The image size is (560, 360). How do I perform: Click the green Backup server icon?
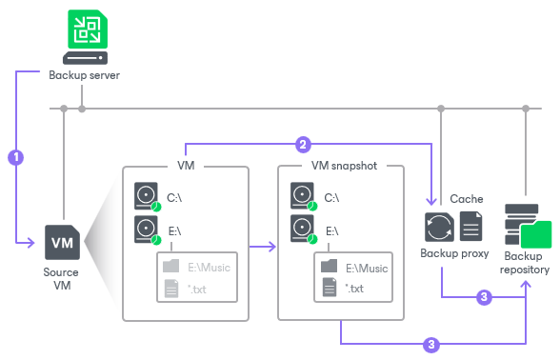point(84,37)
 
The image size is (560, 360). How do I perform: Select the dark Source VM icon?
point(61,243)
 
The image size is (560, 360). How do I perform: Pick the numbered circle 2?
point(303,145)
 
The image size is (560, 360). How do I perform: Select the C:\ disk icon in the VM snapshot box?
point(302,195)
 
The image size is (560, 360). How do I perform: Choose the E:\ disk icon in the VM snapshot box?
point(302,230)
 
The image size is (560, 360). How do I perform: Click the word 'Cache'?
point(466,199)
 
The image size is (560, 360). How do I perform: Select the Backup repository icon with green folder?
point(527,227)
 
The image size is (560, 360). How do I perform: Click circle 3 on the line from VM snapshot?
point(432,342)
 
